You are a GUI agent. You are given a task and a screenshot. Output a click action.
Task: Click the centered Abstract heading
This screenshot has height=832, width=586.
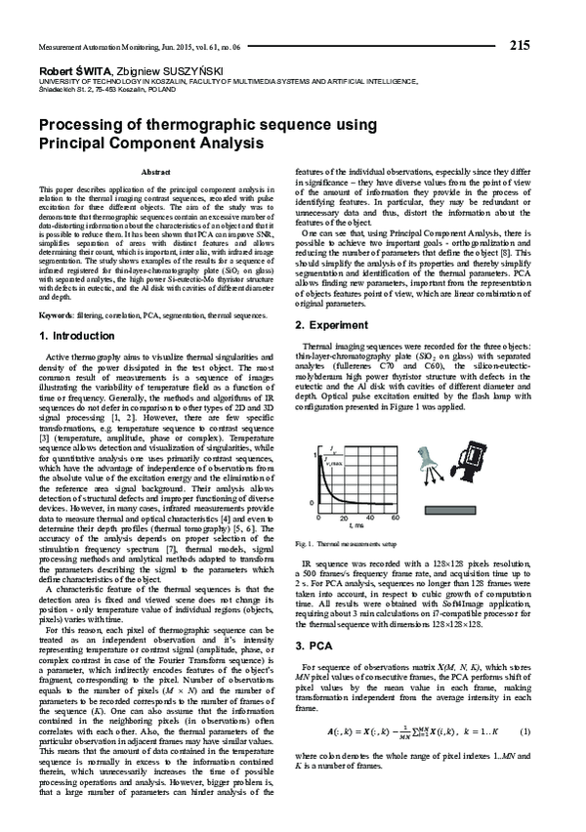click(156, 171)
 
